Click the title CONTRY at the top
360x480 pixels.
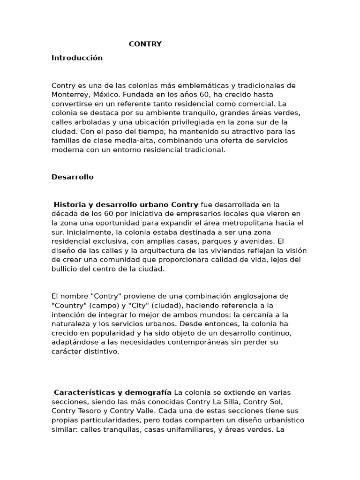(145, 44)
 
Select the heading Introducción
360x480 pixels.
(77, 58)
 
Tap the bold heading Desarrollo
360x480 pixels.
(73, 177)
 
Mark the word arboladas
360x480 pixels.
(90, 122)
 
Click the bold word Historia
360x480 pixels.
(69, 204)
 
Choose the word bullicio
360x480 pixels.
(65, 269)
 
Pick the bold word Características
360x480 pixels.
(82, 392)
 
